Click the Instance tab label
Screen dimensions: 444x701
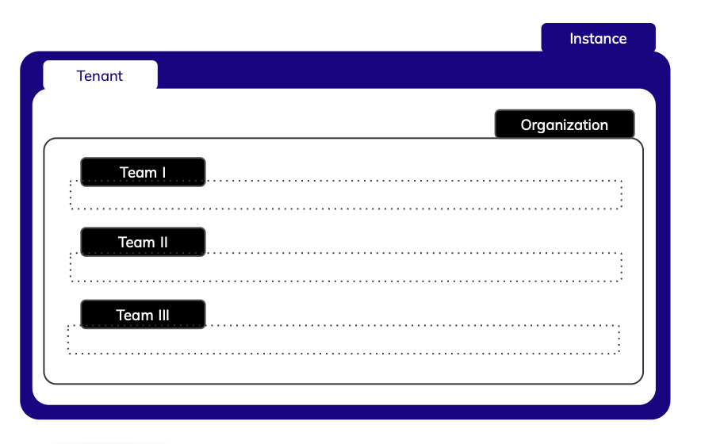(598, 38)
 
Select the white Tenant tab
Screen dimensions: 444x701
(100, 76)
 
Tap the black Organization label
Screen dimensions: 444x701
(564, 124)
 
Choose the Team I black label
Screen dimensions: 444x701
(143, 172)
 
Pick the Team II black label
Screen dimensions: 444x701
(143, 242)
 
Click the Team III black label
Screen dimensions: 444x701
(143, 315)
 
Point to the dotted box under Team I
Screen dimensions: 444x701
(396, 195)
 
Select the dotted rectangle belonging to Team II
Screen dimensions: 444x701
(396, 267)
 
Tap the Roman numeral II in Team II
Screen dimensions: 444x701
(162, 242)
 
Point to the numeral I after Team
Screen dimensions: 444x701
(163, 172)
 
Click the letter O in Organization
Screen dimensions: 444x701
(527, 125)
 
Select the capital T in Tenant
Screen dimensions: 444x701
(81, 76)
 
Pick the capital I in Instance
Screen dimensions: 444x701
(572, 38)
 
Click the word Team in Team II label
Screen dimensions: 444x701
(135, 242)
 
